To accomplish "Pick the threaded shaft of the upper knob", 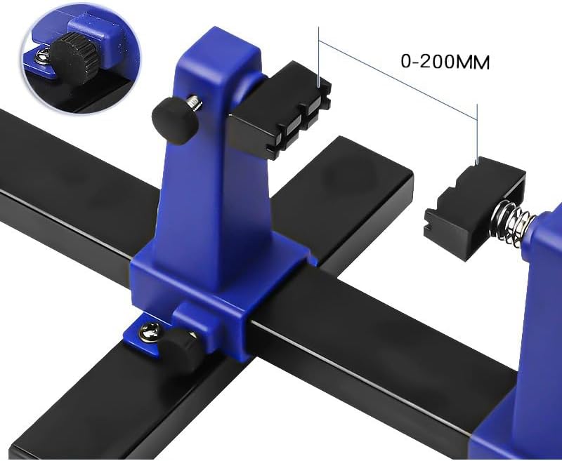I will (195, 105).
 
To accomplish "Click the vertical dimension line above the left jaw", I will (320, 56).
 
